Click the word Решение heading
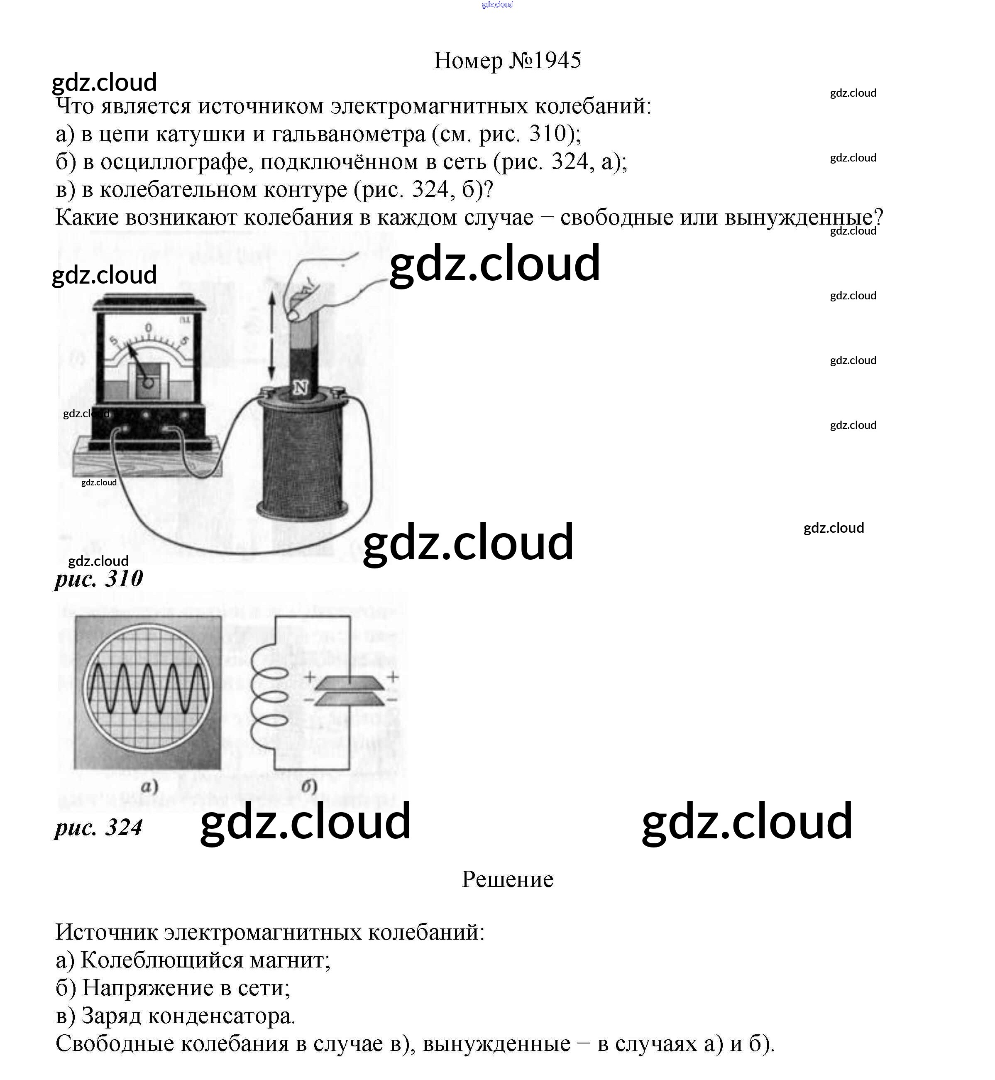(507, 879)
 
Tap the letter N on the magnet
(300, 387)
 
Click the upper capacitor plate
(349, 683)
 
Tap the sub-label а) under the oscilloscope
(149, 787)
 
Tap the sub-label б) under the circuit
(309, 787)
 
